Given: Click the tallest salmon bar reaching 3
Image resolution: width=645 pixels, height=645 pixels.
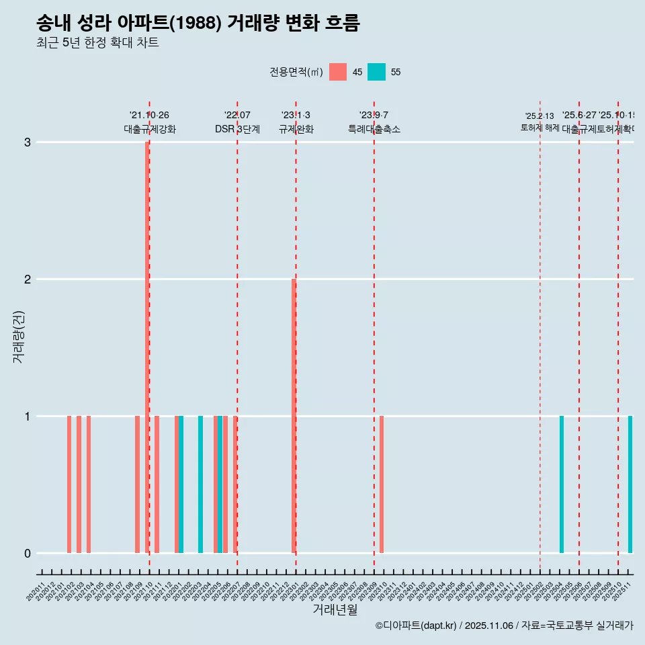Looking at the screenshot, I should click(x=147, y=347).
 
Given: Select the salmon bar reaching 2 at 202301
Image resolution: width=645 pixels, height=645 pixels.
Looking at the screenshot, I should click(x=294, y=415).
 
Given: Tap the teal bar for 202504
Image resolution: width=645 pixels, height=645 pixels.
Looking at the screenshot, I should click(x=562, y=484).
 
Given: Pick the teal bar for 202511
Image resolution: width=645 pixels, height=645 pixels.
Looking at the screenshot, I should click(x=630, y=484).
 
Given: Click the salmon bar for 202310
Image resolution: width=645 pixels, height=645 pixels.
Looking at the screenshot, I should click(x=382, y=484).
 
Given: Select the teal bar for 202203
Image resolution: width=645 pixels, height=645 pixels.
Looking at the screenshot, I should click(x=200, y=484).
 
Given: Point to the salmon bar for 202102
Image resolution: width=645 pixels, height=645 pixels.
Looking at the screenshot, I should click(x=69, y=484).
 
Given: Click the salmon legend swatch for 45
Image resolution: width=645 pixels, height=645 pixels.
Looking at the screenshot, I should click(x=338, y=72).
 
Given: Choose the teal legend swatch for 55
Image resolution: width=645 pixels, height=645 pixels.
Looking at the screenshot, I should click(x=377, y=72).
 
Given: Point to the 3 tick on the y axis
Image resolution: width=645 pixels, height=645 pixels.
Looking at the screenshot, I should click(x=28, y=142).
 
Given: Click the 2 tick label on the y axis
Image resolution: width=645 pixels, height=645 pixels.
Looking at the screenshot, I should click(x=28, y=279).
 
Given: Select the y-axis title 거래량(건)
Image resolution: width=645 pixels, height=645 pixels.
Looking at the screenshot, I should click(x=19, y=337).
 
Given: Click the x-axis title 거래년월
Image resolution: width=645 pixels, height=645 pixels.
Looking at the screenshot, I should click(x=335, y=609).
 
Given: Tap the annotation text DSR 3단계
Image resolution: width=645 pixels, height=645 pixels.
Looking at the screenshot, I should click(x=237, y=129).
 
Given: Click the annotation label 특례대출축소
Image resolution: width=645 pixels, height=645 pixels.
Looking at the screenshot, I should click(x=374, y=129).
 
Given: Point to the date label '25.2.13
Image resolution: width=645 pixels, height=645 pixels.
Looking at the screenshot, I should click(x=540, y=116).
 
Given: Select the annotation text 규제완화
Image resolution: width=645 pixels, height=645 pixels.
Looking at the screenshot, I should click(x=296, y=129).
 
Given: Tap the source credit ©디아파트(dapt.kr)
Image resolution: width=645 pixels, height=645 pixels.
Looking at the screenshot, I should click(x=417, y=626).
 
